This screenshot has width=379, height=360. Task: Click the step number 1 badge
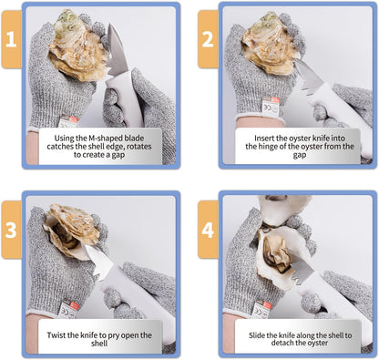(x=11, y=39)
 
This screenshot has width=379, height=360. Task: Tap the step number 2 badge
(x=208, y=39)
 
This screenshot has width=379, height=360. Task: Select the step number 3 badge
(x=11, y=230)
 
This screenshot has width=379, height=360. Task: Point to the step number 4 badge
(x=208, y=230)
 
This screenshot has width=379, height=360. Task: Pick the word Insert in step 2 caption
(x=263, y=139)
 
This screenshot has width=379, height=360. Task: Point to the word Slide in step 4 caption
(x=257, y=335)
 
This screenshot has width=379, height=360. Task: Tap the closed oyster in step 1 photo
(x=78, y=46)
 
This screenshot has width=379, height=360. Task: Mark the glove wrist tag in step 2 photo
(x=271, y=107)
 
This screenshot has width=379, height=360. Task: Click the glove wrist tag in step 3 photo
(x=69, y=308)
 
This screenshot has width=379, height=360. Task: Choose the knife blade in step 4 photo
(x=300, y=268)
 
